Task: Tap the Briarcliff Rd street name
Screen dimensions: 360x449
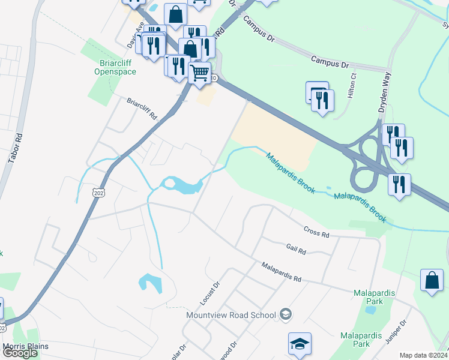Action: coord(141,109)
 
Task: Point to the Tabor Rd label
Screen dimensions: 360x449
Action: coord(16,148)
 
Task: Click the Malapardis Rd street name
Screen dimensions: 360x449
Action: coord(281,272)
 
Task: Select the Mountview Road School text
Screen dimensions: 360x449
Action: coord(231,315)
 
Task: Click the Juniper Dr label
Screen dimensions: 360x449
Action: coord(397,331)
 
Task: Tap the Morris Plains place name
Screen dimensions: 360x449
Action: coord(25,347)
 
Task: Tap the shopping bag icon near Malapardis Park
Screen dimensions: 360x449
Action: coord(432,280)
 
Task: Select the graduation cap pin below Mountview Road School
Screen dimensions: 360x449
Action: coord(300,344)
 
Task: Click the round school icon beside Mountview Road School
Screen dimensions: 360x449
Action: coord(286,314)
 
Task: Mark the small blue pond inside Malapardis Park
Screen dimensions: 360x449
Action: coord(370,310)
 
